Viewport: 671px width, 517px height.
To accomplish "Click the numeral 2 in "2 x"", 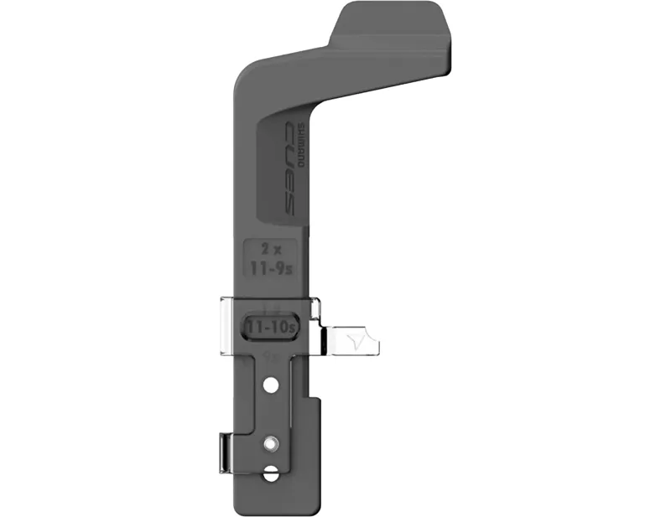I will tap(263, 250).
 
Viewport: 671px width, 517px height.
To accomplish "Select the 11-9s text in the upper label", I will tap(270, 269).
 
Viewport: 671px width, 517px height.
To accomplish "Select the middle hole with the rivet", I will tap(270, 442).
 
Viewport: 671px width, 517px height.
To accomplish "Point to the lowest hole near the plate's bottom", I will tap(270, 473).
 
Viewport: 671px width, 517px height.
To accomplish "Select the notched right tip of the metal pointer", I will tap(376, 343).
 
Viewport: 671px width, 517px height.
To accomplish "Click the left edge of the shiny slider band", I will tap(222, 327).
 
